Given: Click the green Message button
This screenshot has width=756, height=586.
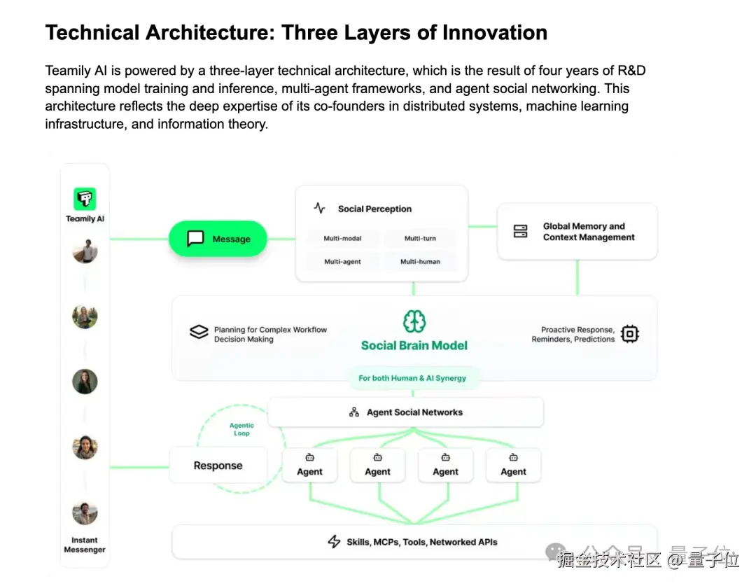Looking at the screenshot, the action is click(218, 239).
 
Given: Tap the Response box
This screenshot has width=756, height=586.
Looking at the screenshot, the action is click(218, 466).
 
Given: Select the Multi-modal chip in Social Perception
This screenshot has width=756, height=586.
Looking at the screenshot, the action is click(342, 239).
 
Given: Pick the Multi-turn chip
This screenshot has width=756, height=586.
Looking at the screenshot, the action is click(420, 239).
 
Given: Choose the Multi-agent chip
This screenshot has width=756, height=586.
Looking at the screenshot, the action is click(342, 262).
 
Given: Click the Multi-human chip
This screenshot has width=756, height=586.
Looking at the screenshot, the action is click(420, 262).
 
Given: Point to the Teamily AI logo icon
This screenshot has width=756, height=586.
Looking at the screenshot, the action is click(85, 199).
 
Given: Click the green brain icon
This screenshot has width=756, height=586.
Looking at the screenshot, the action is click(414, 321).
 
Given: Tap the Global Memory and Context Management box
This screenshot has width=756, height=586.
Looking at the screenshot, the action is click(577, 232).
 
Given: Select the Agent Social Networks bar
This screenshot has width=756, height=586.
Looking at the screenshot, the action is click(406, 412).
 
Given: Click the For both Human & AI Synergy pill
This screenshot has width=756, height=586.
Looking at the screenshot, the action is click(412, 378).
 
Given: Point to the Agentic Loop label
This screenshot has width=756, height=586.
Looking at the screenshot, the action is click(241, 429).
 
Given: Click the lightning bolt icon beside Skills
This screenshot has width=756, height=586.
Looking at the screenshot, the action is click(335, 542).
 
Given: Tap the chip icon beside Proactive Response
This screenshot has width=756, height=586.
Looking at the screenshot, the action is click(630, 334).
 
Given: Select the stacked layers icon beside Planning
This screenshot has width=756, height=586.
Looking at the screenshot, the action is click(199, 332).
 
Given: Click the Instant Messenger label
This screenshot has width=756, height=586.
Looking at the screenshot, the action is click(85, 545).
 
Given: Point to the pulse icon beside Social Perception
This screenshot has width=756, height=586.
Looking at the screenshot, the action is click(319, 209).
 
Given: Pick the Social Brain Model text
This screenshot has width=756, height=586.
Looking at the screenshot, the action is click(414, 345).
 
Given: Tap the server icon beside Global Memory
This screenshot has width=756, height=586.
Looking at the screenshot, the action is click(521, 232).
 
